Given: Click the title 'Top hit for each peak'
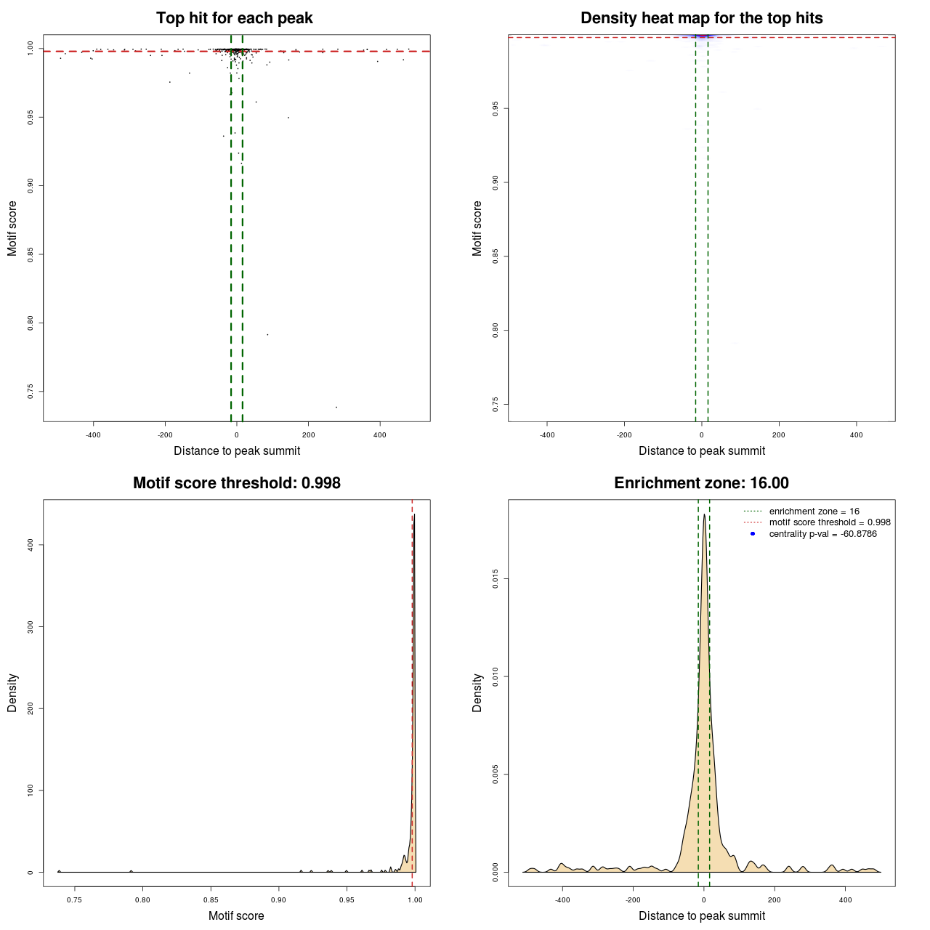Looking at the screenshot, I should (234, 18).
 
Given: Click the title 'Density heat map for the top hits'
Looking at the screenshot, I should (701, 18).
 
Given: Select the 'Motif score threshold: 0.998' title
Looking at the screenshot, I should (236, 483).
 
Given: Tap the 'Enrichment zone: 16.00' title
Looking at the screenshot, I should (701, 483).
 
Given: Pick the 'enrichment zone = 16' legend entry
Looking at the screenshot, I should (814, 511).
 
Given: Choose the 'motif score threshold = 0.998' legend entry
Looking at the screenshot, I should (830, 522).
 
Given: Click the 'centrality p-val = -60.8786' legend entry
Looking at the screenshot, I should (822, 534).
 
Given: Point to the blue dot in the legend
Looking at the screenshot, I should (753, 534).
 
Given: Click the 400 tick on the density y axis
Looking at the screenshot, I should (31, 545).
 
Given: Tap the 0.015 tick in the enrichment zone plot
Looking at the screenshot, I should (496, 579).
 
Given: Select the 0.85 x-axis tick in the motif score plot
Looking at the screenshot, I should (211, 900).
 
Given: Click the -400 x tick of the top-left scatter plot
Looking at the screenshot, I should (93, 435).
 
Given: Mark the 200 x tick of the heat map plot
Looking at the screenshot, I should (779, 435).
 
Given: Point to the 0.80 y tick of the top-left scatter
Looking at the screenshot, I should (31, 323).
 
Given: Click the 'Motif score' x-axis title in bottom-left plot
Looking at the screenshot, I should (236, 916).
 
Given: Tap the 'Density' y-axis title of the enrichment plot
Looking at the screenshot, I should (477, 692).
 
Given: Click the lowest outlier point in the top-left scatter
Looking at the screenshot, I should (336, 407).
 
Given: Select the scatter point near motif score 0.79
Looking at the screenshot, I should (267, 334).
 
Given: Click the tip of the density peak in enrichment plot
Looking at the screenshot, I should (704, 515).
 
